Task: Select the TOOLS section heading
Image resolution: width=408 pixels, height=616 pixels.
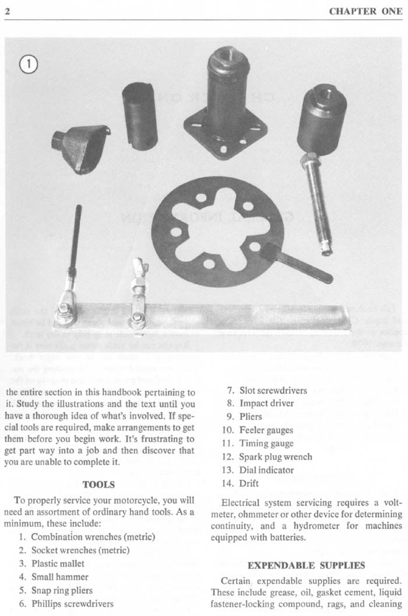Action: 98,484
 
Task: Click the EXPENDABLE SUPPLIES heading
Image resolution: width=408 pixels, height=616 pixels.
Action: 306,566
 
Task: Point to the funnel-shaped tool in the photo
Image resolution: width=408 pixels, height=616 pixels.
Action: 79,146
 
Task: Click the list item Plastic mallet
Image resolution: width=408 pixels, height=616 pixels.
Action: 58,563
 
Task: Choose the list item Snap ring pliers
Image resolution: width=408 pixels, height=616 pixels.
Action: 62,590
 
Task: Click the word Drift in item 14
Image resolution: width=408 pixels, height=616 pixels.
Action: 249,483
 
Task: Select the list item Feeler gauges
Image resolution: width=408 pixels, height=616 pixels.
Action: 266,430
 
